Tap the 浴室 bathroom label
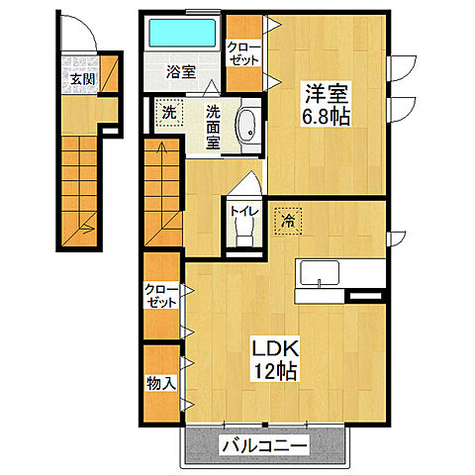point(179,72)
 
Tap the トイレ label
point(241,210)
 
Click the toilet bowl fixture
point(242,231)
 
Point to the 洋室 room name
point(326,97)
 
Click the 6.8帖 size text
point(326,118)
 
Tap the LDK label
point(273,349)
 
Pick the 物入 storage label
point(161,382)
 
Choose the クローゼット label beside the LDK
point(161,297)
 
